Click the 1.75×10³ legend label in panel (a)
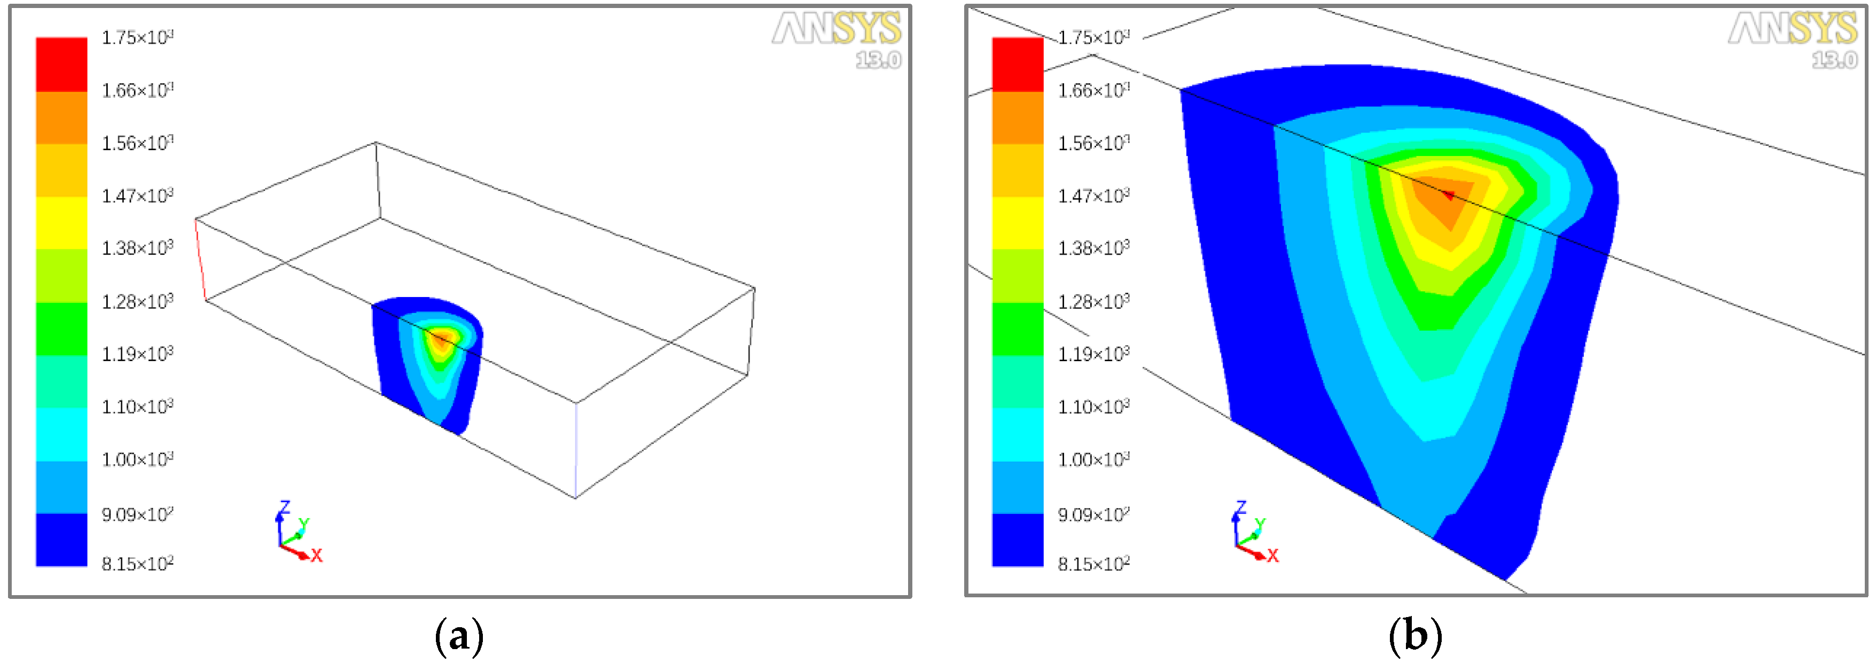pos(137,37)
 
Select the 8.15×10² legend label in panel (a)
pos(137,563)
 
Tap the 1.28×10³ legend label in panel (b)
pos(1093,301)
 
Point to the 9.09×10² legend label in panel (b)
pos(1093,514)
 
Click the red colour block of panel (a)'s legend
pos(61,64)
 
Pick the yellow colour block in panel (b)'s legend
pos(1018,223)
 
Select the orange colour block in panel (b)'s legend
pos(1018,118)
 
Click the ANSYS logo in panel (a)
pos(836,29)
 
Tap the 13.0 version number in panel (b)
pos(1834,60)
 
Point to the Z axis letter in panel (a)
pos(285,507)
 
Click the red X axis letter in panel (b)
pos(1272,556)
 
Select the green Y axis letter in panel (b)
pos(1261,523)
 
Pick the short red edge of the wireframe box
pos(200,259)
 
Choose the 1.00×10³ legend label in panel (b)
pos(1093,459)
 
